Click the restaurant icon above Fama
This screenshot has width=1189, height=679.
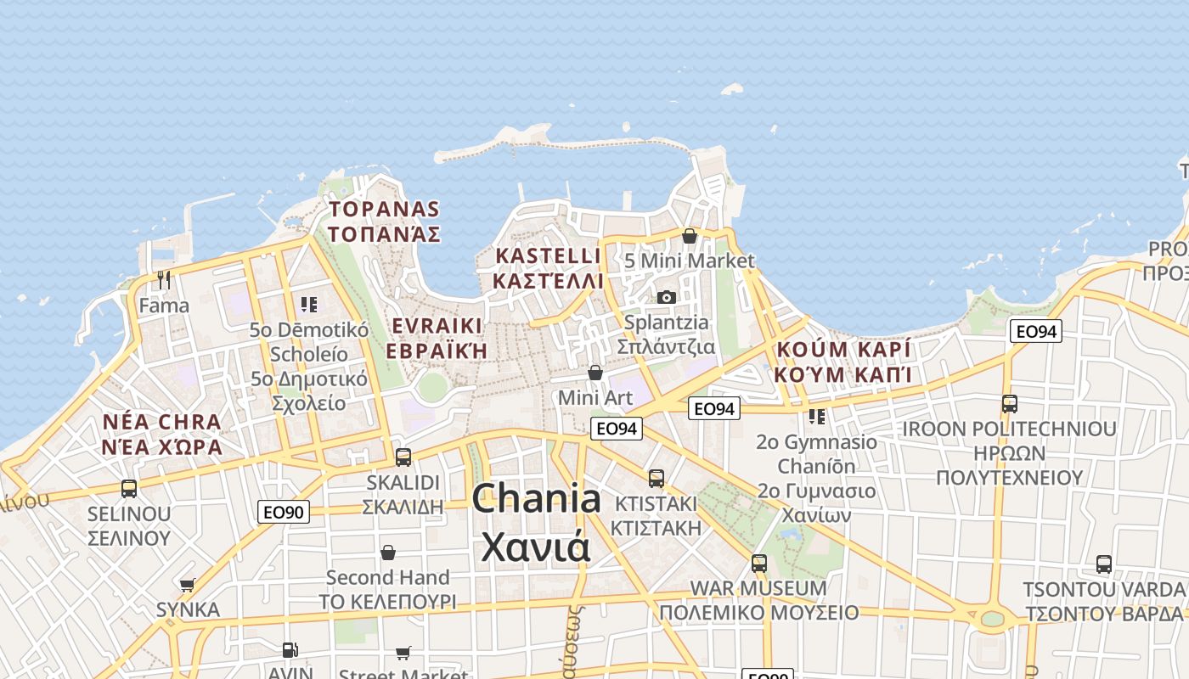(164, 279)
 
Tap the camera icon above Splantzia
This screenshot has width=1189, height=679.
(667, 297)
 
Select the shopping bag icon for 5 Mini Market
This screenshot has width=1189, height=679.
(690, 236)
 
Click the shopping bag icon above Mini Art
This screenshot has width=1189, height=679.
(595, 373)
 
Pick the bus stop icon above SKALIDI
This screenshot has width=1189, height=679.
(403, 457)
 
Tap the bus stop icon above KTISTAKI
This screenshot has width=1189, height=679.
(656, 479)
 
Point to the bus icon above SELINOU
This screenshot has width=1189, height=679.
(129, 489)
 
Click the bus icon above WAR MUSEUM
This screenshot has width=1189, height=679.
(759, 564)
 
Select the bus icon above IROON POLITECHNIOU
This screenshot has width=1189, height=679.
(1010, 404)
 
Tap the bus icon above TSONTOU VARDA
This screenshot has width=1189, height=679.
(1104, 564)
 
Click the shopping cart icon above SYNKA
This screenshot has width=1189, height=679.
(188, 585)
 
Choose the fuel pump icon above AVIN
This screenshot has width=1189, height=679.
(290, 650)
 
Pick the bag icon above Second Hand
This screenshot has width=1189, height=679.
(388, 553)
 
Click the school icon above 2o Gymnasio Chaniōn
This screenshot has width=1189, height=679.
(817, 417)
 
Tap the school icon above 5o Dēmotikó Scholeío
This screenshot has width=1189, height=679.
(309, 304)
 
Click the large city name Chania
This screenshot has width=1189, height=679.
(536, 497)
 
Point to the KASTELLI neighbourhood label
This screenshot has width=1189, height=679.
(548, 256)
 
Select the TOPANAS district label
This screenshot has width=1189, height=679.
(385, 209)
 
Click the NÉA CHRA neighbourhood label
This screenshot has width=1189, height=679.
(161, 422)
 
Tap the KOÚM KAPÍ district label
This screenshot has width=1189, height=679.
(842, 350)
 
